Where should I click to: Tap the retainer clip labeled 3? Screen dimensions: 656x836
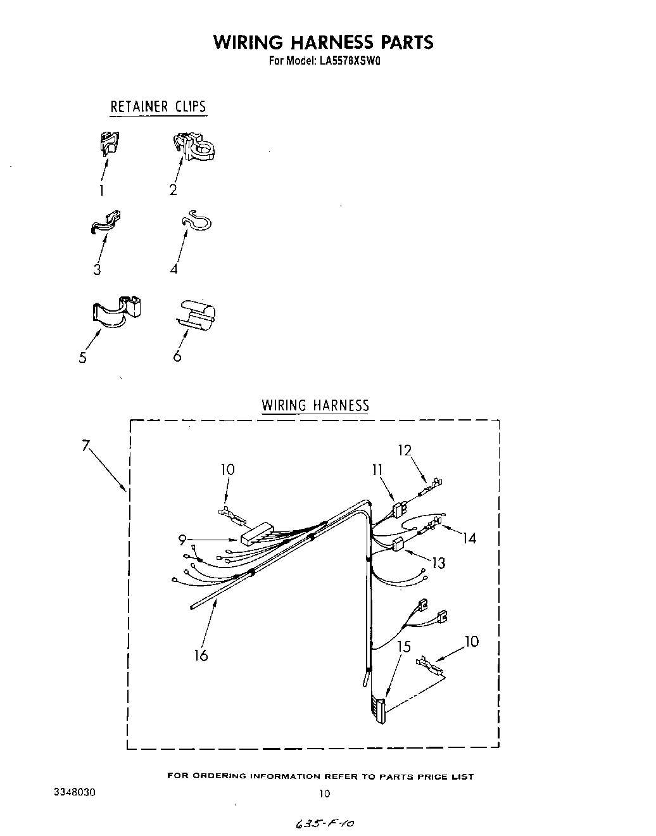105,222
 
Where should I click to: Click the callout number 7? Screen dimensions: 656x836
85,445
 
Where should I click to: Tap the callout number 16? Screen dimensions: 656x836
201,655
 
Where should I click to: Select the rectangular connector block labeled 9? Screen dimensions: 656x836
256,535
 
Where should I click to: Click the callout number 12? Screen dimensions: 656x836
405,450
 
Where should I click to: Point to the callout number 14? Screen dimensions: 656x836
469,538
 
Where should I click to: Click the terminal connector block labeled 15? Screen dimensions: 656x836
378,711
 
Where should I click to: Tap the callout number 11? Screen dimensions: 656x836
377,469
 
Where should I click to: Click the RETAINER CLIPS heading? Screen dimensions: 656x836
158,106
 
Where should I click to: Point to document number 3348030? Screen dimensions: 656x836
75,792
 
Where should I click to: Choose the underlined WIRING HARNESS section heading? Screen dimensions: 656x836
315,405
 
